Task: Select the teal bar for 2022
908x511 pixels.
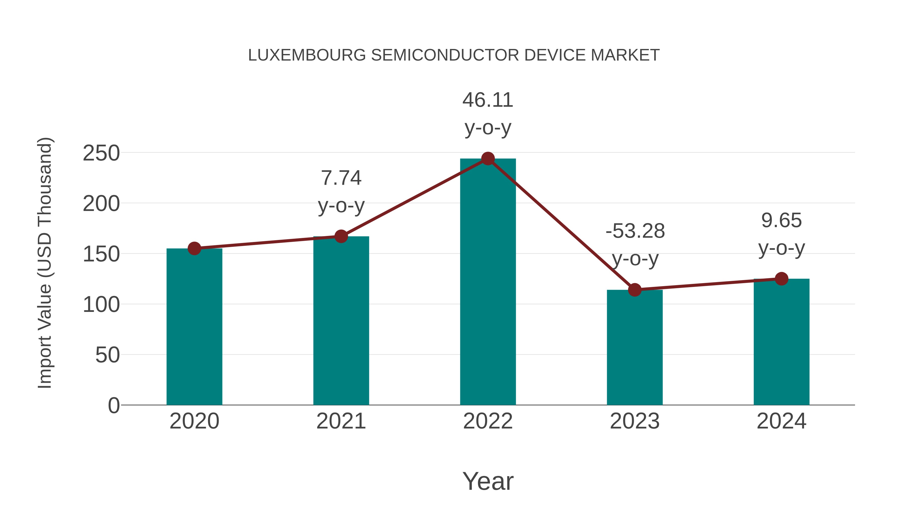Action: [x=488, y=282]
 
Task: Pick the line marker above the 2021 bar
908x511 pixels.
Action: [x=341, y=236]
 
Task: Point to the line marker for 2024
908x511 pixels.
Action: [x=781, y=279]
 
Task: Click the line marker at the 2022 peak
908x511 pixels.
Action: [x=488, y=159]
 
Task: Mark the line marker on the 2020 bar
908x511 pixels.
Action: [x=194, y=249]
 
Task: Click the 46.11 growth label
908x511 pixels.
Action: [x=488, y=100]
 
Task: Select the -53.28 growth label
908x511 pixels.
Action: [x=635, y=231]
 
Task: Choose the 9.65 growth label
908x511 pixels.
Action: [x=781, y=221]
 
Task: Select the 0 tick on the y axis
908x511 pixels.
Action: [x=113, y=406]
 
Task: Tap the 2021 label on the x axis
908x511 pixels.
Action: [x=341, y=421]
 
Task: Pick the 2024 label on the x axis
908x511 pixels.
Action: [x=781, y=421]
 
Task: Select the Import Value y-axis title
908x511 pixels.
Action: [x=45, y=263]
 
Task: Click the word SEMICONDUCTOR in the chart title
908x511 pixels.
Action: [x=445, y=55]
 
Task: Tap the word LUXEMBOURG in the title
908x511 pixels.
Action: [x=307, y=55]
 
